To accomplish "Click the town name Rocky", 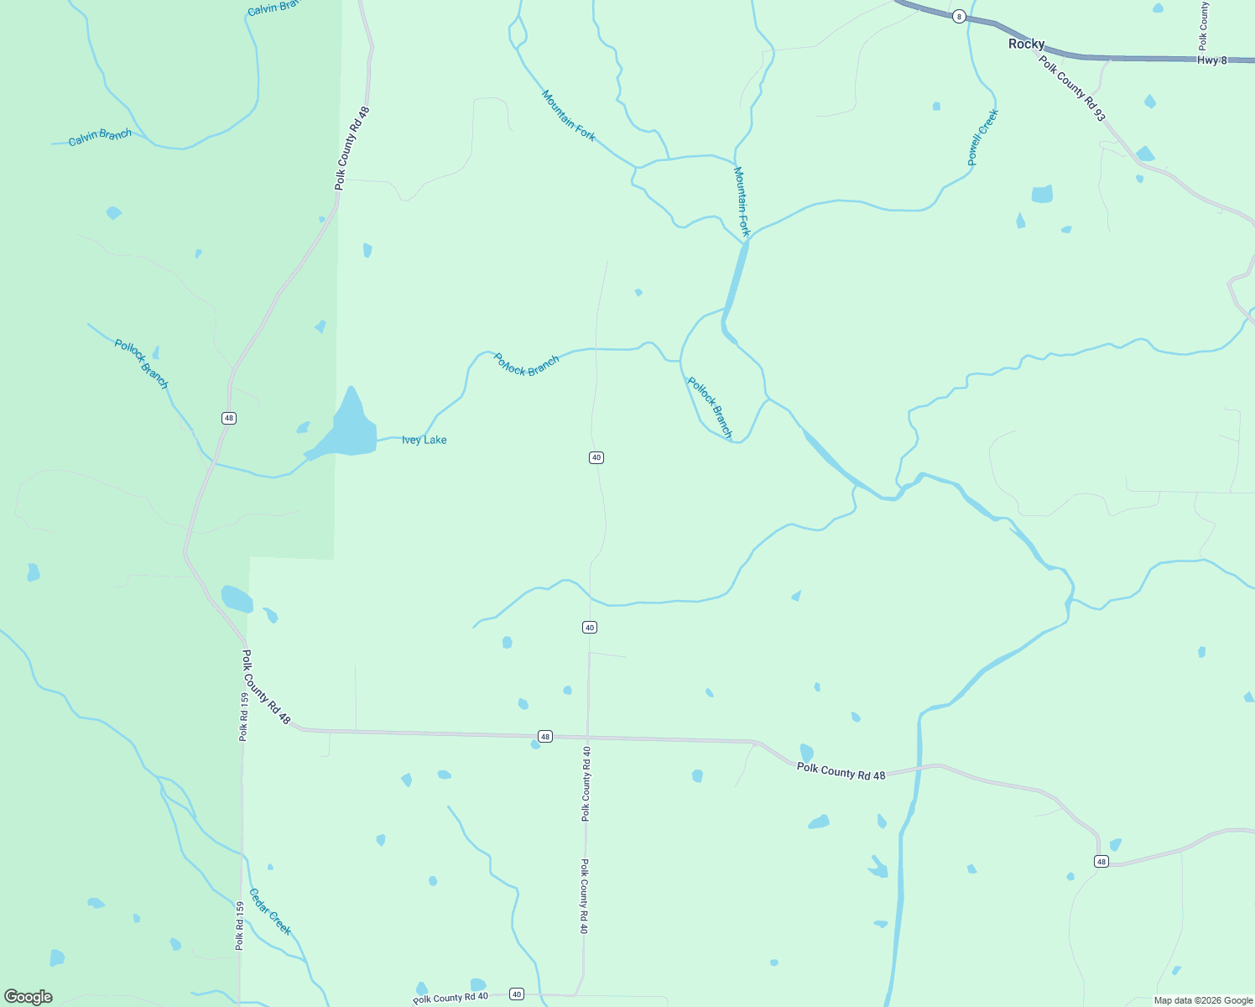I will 1026,44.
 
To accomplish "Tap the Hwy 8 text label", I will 1211,60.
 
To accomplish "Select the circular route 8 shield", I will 959,16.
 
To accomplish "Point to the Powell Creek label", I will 982,138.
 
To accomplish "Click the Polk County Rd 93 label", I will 1071,88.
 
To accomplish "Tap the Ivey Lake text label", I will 424,440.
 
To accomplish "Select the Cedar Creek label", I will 270,911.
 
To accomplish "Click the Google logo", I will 29,997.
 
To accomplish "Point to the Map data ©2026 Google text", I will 1203,1000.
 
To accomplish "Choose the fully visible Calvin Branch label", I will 100,137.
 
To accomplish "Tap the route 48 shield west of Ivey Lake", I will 229,418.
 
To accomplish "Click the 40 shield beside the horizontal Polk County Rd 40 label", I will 517,994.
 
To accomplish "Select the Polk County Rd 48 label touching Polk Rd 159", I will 266,687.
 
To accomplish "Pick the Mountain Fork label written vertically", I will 741,201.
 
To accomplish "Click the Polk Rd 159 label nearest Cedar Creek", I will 240,926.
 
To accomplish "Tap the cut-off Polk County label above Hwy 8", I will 1204,25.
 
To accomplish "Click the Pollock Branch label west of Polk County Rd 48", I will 142,363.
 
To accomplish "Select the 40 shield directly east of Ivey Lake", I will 596,457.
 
